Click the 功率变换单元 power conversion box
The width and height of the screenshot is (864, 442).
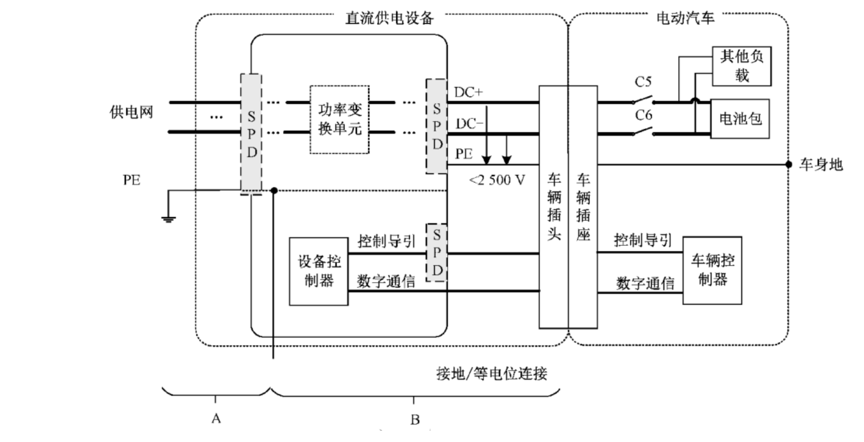click(x=339, y=119)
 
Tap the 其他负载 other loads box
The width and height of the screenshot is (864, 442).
click(x=741, y=66)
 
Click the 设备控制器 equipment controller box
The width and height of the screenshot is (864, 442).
click(x=319, y=271)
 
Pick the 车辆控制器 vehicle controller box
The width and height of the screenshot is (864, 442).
click(x=712, y=270)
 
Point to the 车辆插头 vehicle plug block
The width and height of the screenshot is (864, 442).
click(x=553, y=206)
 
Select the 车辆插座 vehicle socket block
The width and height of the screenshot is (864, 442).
click(x=583, y=206)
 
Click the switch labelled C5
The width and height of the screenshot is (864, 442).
click(x=643, y=101)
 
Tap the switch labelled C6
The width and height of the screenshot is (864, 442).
click(x=643, y=131)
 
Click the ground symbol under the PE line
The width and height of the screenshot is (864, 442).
click(x=168, y=218)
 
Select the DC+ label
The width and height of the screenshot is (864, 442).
click(x=468, y=92)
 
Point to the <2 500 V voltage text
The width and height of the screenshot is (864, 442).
click(x=497, y=180)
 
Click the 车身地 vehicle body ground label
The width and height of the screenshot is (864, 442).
click(x=821, y=164)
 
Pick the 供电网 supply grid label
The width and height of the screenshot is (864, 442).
click(x=131, y=112)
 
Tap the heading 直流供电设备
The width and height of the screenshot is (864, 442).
click(x=389, y=18)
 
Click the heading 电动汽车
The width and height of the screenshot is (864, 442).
click(x=685, y=18)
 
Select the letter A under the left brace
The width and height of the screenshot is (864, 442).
click(x=216, y=418)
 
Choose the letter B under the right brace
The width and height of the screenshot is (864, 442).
click(x=415, y=419)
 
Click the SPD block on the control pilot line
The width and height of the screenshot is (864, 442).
click(x=436, y=252)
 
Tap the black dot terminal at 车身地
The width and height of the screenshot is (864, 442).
click(x=788, y=164)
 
